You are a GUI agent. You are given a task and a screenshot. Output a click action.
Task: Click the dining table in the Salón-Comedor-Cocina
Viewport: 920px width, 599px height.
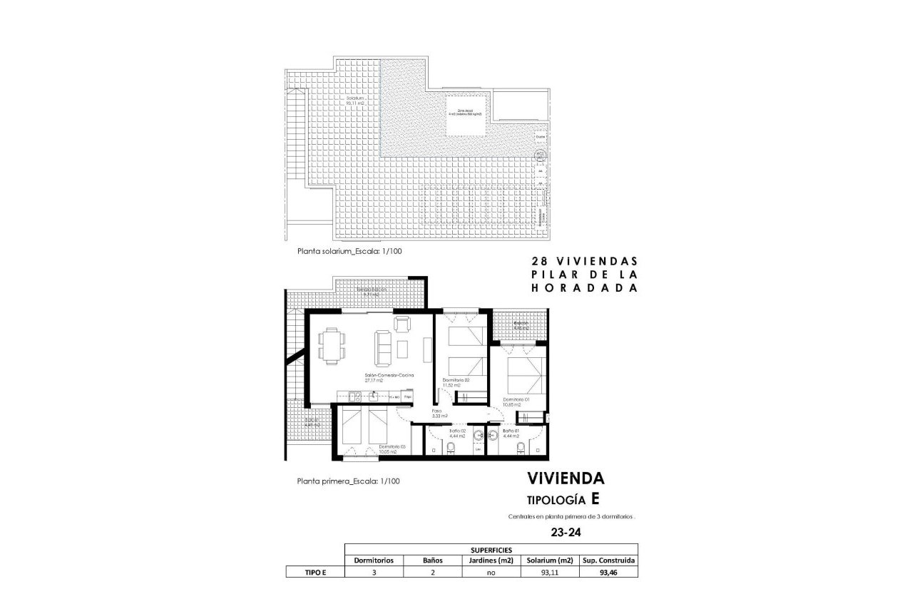332,346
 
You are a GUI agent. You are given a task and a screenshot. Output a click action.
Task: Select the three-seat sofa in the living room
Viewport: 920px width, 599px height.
379,348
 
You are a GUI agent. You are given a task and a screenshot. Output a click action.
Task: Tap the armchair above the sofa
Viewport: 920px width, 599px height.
402,324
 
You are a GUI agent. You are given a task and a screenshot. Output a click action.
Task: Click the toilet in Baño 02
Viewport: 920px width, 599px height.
452,448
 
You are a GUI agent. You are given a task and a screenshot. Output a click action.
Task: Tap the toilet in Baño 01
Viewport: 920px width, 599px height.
522,448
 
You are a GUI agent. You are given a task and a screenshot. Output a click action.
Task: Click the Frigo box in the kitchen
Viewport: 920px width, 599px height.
409,394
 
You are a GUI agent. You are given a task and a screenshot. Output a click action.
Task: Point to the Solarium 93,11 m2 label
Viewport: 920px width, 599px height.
354,100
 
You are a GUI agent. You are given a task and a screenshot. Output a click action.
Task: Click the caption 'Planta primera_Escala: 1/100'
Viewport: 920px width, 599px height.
348,481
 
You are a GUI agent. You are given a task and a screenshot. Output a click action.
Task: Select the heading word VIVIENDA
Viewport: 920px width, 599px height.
566,478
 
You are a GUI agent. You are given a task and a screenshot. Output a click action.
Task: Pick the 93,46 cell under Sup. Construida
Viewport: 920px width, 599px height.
608,572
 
